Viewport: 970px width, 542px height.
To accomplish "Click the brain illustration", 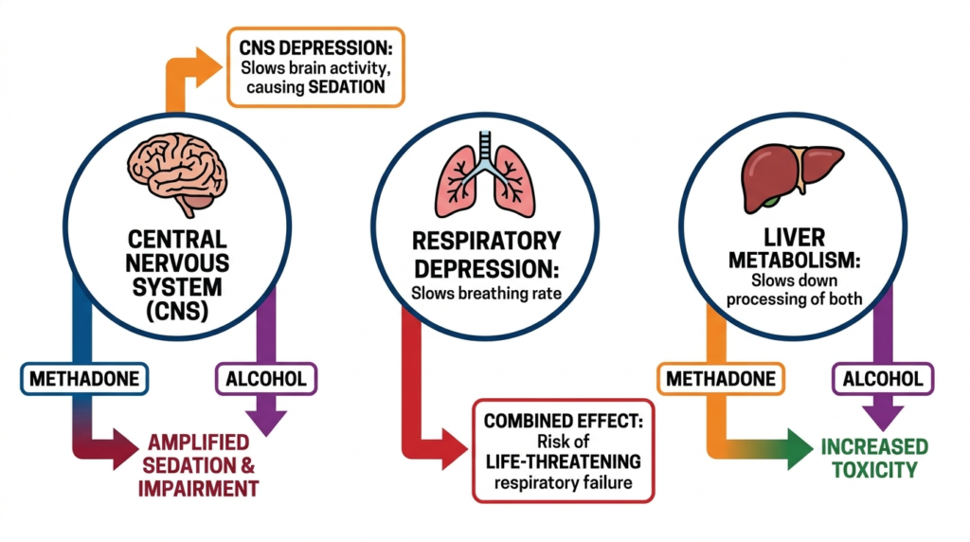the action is pyautogui.click(x=177, y=173).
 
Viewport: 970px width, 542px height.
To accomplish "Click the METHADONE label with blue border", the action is pyautogui.click(x=84, y=379).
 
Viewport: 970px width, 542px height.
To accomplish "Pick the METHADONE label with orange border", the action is pyautogui.click(x=721, y=379).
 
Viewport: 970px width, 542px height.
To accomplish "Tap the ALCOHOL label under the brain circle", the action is pyautogui.click(x=266, y=379).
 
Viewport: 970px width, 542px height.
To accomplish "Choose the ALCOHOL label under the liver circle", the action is pyautogui.click(x=883, y=379).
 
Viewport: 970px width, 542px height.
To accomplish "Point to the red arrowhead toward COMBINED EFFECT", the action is pyautogui.click(x=454, y=449).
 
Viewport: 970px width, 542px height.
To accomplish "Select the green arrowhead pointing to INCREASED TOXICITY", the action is pyautogui.click(x=799, y=449).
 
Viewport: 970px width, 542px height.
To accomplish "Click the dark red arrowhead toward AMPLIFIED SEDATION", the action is pyautogui.click(x=126, y=449).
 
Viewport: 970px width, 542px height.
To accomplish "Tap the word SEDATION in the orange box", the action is pyautogui.click(x=347, y=87).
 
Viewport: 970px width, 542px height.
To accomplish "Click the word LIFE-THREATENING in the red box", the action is pyautogui.click(x=563, y=461).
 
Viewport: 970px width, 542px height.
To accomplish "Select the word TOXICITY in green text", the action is pyautogui.click(x=874, y=470).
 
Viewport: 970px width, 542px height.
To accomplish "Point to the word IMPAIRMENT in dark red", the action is pyautogui.click(x=198, y=489).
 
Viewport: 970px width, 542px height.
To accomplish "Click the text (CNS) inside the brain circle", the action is pyautogui.click(x=177, y=311).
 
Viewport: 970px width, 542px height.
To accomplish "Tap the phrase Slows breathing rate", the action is pyautogui.click(x=486, y=294).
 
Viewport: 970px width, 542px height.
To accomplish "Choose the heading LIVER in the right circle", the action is pyautogui.click(x=795, y=237).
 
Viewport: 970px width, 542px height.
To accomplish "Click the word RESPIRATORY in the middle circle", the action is pyautogui.click(x=486, y=241).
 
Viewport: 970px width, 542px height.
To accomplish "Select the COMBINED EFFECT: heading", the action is pyautogui.click(x=563, y=422).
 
